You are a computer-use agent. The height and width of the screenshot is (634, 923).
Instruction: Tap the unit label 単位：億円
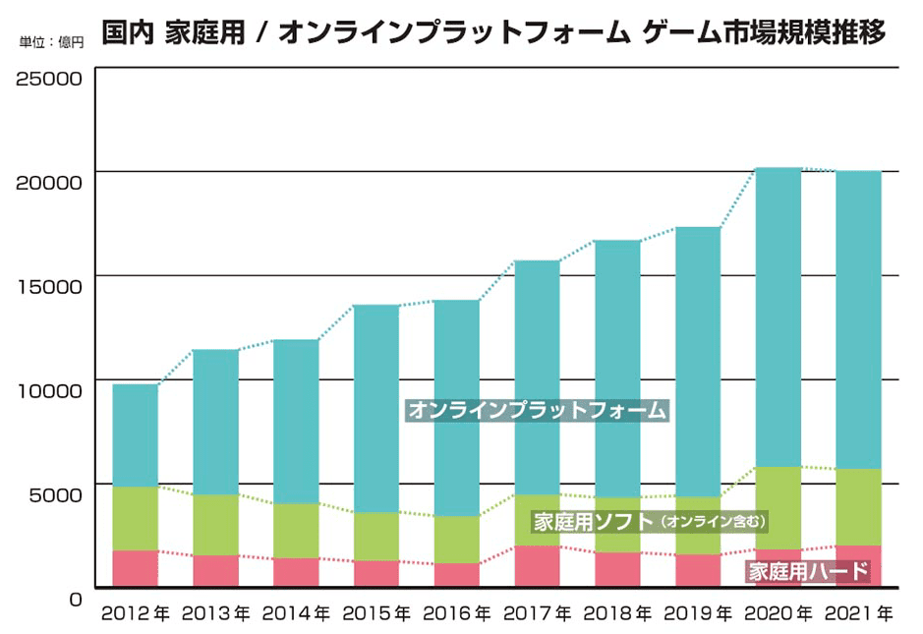[x=51, y=42]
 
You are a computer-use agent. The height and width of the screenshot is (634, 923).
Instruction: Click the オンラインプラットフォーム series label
[x=537, y=410]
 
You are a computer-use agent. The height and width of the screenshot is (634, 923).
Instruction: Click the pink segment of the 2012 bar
[x=136, y=569]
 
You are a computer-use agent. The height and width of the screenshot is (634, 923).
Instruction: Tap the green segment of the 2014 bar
[x=296, y=531]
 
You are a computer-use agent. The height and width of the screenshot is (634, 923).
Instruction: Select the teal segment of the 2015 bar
[x=376, y=408]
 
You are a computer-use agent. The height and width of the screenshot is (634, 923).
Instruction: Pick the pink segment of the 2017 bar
[x=538, y=567]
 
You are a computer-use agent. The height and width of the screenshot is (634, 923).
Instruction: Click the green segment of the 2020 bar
[x=779, y=507]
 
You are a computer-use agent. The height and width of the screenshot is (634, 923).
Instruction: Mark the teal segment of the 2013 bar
[x=216, y=422]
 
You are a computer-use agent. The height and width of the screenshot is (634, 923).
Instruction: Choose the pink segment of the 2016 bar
[x=457, y=575]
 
